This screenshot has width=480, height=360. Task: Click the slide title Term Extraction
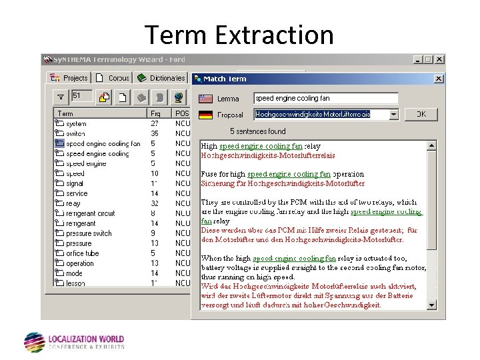coord(239,35)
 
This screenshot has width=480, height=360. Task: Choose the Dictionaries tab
coord(161,78)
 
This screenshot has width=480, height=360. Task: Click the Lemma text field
coord(325,98)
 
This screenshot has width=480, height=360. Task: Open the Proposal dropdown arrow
coord(393,115)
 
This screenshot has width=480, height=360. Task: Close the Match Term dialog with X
coord(438,79)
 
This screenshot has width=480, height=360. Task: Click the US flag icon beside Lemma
coord(206,99)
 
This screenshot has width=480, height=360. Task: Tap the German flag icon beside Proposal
coord(206,115)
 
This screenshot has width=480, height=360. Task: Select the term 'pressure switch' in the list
coord(89,233)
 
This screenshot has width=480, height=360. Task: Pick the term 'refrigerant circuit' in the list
coord(90,213)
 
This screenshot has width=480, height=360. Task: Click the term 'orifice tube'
coord(82,253)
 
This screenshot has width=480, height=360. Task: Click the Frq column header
coord(155,114)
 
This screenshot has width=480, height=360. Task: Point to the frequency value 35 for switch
coord(155,133)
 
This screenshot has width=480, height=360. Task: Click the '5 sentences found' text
coord(257,131)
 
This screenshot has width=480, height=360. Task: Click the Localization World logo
coord(73,342)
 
